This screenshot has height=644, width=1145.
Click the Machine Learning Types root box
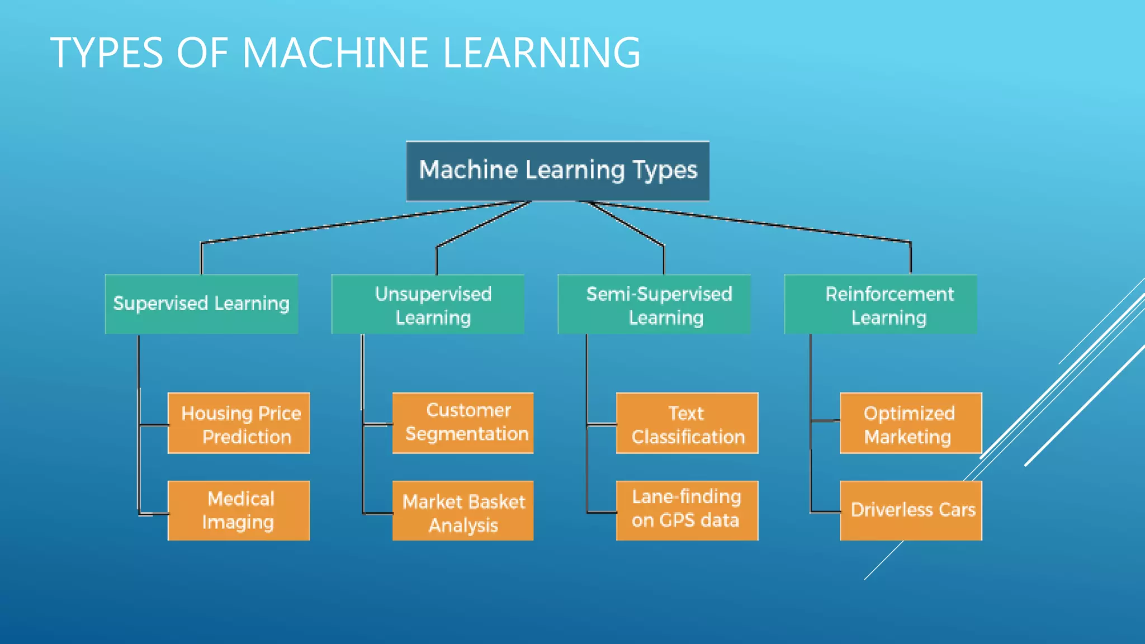pyautogui.click(x=557, y=171)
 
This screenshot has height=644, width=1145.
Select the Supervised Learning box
pyautogui.click(x=201, y=304)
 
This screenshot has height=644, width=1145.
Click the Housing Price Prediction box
pyautogui.click(x=239, y=423)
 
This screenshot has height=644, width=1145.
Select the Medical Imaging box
pyautogui.click(x=239, y=510)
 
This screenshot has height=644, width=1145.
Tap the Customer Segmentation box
pyautogui.click(x=463, y=423)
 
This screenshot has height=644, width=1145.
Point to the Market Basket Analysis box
pyautogui.click(x=463, y=510)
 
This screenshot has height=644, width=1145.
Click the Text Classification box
pyautogui.click(x=687, y=423)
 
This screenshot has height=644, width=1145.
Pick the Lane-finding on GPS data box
pyautogui.click(x=687, y=510)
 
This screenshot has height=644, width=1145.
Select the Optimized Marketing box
pyautogui.click(x=911, y=423)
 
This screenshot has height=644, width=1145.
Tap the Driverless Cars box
pyautogui.click(x=911, y=510)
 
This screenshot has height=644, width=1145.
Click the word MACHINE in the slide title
pyautogui.click(x=335, y=53)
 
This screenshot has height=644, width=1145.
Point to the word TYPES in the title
pyautogui.click(x=106, y=53)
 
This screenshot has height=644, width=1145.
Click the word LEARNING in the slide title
pyautogui.click(x=541, y=53)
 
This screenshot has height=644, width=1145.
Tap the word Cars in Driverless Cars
pyautogui.click(x=957, y=510)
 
